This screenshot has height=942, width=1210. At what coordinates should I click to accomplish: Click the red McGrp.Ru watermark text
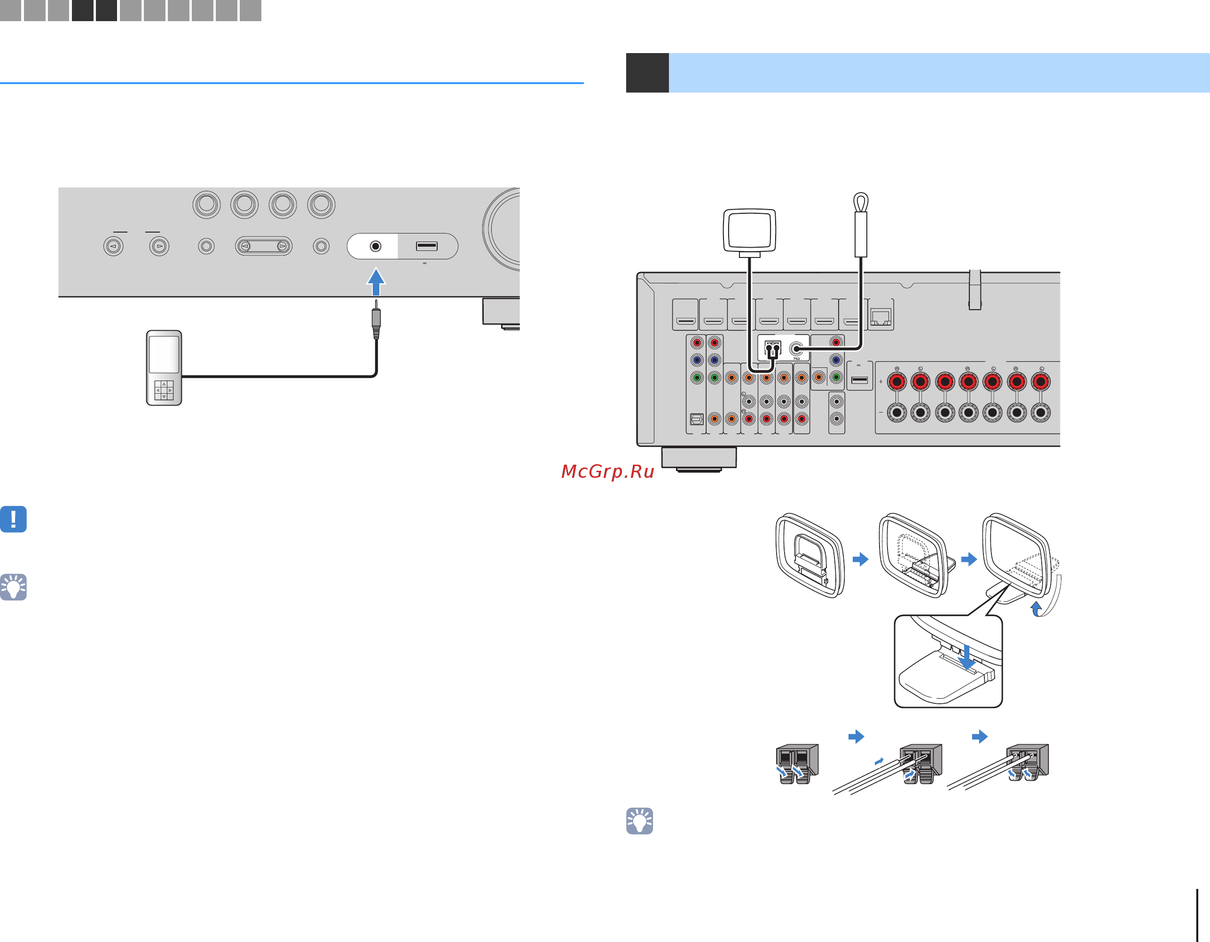point(608,471)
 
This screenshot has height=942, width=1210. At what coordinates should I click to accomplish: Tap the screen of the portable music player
point(164,354)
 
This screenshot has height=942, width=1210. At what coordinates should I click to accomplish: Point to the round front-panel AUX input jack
point(376,246)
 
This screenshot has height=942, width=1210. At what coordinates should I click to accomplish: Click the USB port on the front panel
point(427,246)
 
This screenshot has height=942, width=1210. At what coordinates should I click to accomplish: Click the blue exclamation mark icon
point(13,519)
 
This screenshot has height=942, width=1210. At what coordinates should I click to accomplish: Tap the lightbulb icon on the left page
point(13,587)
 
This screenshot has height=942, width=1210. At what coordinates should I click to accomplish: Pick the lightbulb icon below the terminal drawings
point(639,821)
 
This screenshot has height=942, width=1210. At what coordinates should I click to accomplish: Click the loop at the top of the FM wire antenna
point(860,202)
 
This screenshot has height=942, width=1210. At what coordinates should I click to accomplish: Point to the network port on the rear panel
point(880,317)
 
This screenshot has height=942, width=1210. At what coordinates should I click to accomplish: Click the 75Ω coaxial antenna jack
point(796,349)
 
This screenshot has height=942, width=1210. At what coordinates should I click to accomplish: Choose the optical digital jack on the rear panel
point(696,419)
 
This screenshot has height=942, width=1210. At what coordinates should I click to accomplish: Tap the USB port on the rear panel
point(859,380)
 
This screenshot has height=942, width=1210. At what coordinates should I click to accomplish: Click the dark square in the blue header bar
point(647,72)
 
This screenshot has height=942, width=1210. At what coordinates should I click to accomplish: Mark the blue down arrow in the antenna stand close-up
point(967,657)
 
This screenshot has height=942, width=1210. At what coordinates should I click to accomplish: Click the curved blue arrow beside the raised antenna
point(1036,608)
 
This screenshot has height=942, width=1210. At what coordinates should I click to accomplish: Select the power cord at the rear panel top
point(974,289)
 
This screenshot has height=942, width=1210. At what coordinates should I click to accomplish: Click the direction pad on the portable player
point(164,390)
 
